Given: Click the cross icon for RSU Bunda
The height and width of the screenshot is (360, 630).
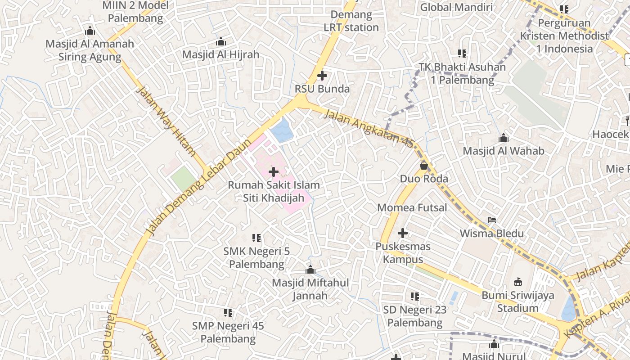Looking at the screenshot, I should click(x=322, y=76).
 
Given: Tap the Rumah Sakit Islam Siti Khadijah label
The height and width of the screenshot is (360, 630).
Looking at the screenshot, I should click(x=274, y=191).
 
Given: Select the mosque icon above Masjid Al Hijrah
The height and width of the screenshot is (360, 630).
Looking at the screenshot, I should click(x=221, y=42).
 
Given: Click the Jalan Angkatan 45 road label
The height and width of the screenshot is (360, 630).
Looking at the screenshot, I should click(x=368, y=129).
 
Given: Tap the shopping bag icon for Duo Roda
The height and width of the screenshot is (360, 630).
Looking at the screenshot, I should click(x=424, y=166).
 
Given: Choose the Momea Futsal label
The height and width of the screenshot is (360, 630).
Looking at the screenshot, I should click(x=412, y=207).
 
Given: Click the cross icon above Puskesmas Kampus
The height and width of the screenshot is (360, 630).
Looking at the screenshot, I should click(x=403, y=233).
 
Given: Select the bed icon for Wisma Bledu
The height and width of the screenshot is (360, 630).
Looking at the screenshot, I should click(x=492, y=220).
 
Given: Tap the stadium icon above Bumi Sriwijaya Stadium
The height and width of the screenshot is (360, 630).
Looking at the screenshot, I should click(x=518, y=282).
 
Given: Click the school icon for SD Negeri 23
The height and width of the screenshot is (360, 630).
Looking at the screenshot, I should click(x=415, y=296).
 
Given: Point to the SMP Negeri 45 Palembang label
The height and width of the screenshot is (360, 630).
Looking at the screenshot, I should click(x=228, y=332).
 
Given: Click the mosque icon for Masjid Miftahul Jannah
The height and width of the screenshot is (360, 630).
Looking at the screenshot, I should click(x=310, y=270).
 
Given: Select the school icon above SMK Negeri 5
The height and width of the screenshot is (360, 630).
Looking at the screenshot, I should click(x=256, y=238).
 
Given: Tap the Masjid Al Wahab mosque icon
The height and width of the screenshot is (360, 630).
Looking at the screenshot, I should click(x=504, y=137).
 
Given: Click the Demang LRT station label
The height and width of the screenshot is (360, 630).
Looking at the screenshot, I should click(x=351, y=21).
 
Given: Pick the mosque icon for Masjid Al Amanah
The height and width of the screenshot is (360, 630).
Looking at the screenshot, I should click(x=90, y=31).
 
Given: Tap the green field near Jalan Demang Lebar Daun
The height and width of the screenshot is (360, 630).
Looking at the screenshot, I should click(x=184, y=178).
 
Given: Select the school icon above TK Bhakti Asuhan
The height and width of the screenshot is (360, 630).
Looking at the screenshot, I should click(x=462, y=54).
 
